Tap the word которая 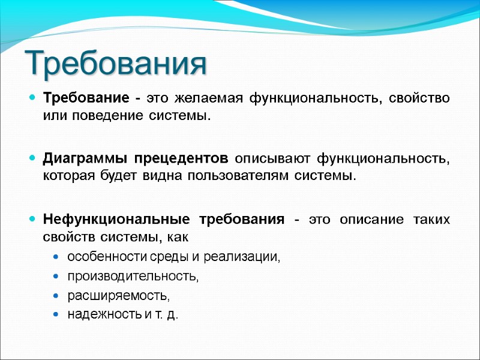[68, 175]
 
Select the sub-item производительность [133, 277]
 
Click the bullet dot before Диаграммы [32, 159]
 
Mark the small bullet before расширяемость [56, 296]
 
